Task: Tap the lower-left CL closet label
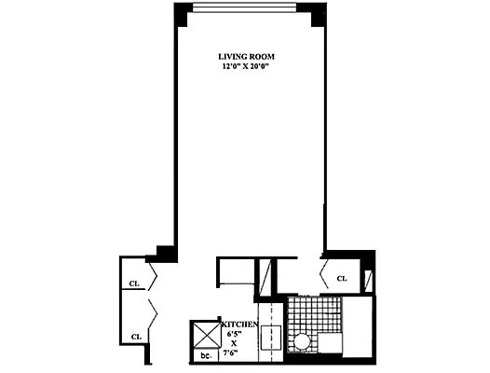[x=135, y=337]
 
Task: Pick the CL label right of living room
[x=342, y=278]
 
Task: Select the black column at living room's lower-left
[x=166, y=252]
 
